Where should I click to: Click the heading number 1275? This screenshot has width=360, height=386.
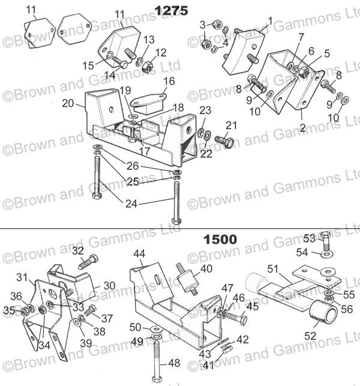point(171,10)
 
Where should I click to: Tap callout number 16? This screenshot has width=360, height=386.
point(169,80)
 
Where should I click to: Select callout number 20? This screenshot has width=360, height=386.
point(68,103)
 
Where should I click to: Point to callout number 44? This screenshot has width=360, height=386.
point(139,254)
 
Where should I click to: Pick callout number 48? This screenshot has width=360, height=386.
point(173,363)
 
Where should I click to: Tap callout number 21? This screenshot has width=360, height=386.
point(230,124)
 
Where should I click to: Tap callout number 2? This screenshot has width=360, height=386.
point(302,128)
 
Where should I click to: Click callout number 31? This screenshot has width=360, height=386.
point(23,277)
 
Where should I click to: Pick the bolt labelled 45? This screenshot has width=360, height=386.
point(237,319)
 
